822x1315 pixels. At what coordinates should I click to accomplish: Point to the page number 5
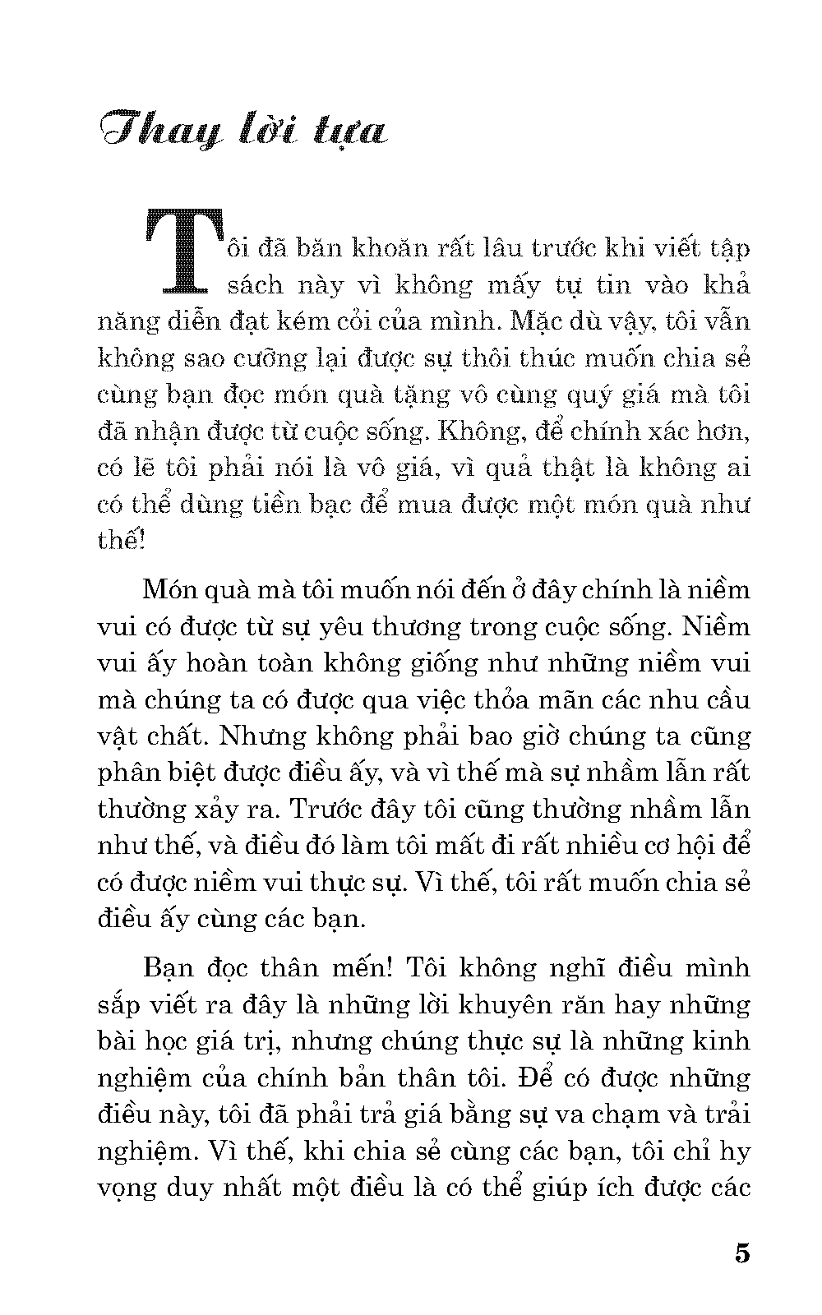741,1254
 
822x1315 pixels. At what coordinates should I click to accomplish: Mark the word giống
428,663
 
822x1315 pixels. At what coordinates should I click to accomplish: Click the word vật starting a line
119,737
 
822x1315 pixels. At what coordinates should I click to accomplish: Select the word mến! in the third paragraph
359,967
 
